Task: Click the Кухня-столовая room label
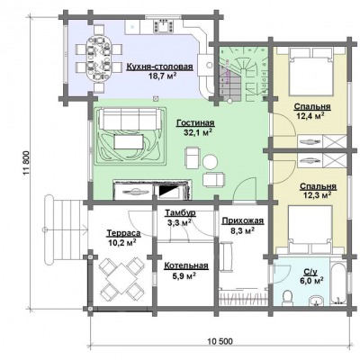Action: (x=159, y=67)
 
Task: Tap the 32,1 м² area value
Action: (x=195, y=132)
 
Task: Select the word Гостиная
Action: (x=195, y=123)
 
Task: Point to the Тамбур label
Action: (x=180, y=213)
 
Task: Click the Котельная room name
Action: (x=186, y=265)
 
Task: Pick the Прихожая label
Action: (x=243, y=221)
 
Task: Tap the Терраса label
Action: (x=123, y=233)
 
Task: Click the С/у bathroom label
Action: (x=310, y=272)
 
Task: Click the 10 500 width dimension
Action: (x=220, y=342)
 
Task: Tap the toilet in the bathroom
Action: (x=288, y=296)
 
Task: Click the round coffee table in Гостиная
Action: (x=210, y=162)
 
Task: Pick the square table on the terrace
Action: (x=121, y=278)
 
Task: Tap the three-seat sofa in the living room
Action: (x=130, y=119)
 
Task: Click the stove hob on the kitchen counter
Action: (x=164, y=25)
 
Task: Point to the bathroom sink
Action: (x=316, y=300)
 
